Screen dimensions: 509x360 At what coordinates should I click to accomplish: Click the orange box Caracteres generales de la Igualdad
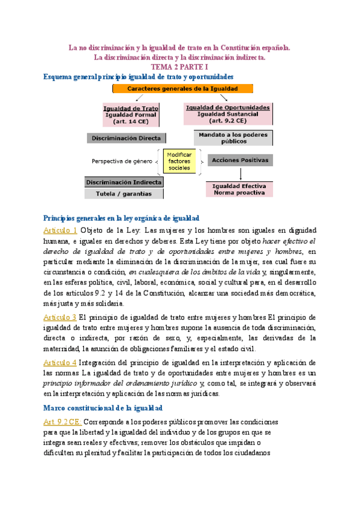182,88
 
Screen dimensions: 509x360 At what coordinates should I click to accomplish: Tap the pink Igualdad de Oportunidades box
227,113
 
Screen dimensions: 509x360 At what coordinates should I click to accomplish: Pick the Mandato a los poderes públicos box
229,138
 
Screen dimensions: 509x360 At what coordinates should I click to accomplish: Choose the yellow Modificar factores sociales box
179,161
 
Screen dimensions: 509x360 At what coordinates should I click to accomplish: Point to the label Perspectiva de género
122,161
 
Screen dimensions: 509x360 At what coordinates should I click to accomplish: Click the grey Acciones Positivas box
240,160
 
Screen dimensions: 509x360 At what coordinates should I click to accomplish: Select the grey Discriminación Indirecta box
124,181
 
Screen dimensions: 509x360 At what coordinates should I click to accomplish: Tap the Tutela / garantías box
124,194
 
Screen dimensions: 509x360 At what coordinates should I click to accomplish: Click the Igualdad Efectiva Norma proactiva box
239,190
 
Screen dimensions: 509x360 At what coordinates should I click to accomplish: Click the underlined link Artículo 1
61,230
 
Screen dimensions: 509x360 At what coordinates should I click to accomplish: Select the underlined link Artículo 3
61,317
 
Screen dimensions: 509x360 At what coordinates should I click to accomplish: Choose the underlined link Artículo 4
61,363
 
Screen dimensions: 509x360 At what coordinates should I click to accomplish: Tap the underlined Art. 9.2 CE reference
65,422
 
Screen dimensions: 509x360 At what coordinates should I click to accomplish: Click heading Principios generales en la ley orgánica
122,217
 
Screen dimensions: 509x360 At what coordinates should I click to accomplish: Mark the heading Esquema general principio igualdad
135,76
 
